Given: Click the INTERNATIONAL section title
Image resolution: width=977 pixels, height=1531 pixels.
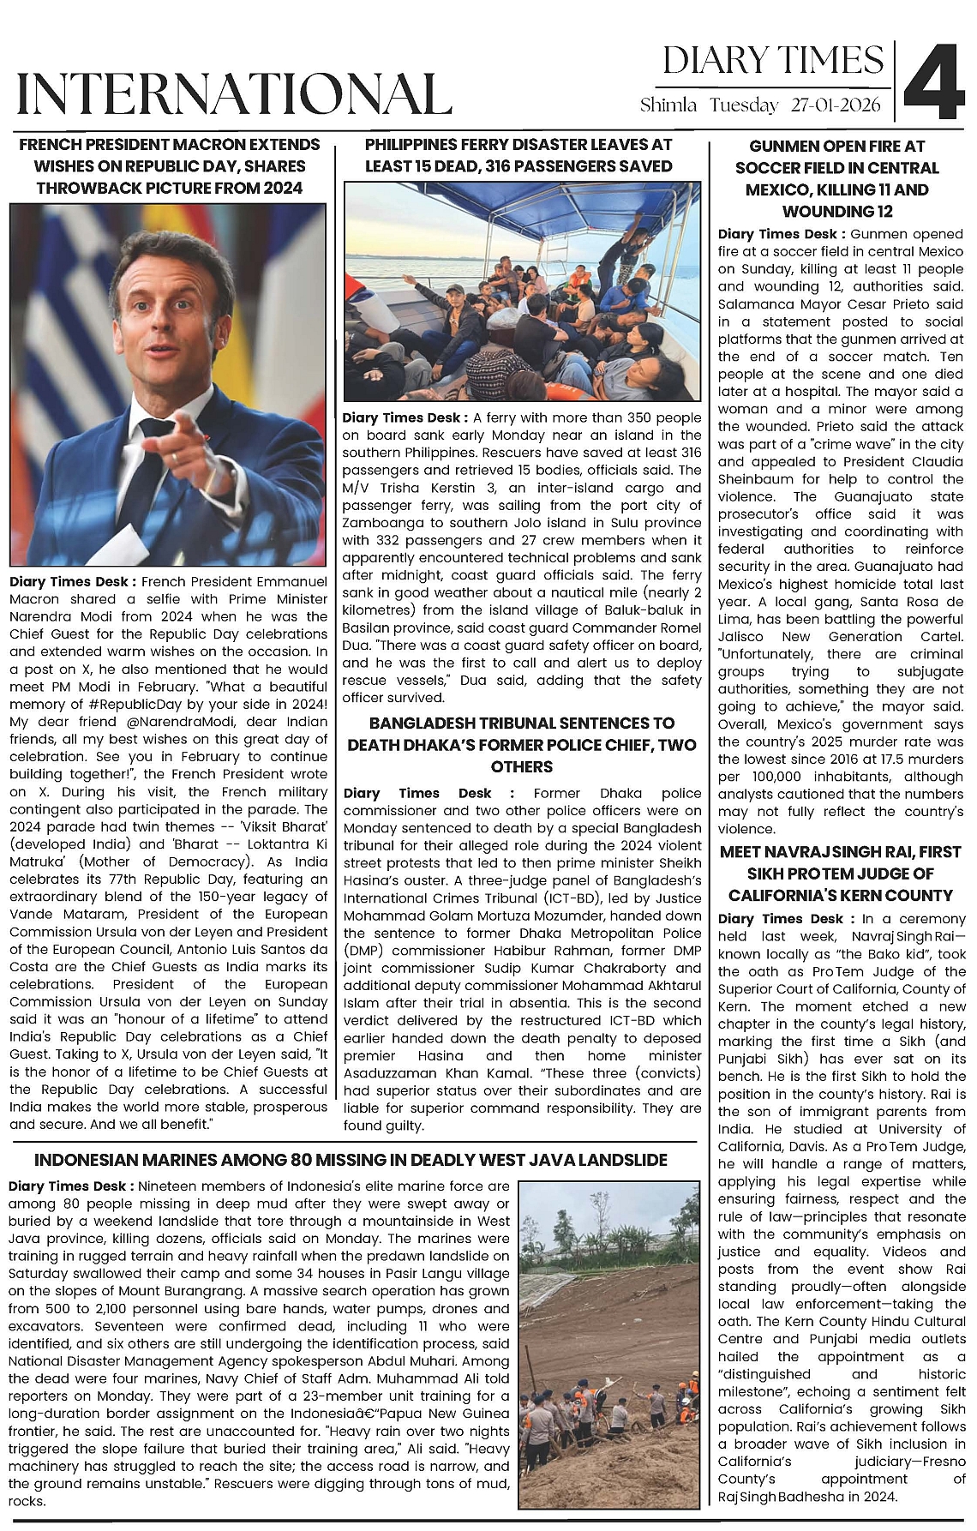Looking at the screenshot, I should click(x=234, y=93).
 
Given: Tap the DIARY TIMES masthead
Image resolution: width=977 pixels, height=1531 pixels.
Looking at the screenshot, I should click(x=773, y=61).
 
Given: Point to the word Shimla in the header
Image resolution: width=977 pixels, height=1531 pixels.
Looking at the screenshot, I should click(x=668, y=105).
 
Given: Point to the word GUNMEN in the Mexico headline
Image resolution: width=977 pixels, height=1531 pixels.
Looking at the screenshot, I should click(x=784, y=147).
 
